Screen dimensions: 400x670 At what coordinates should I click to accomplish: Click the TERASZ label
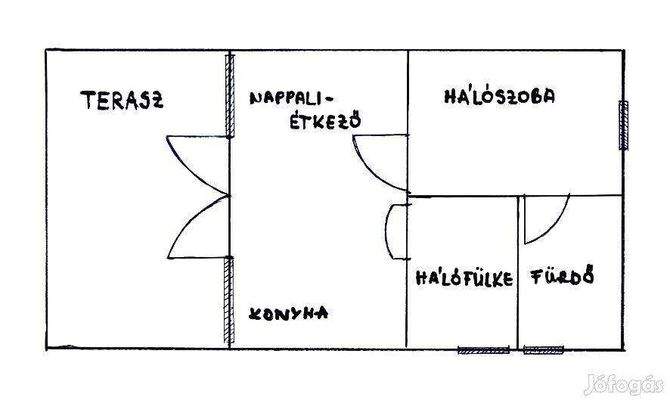point(123,99)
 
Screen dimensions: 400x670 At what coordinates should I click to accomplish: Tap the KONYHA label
point(290,312)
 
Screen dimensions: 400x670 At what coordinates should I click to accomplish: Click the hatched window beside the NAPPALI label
point(230,97)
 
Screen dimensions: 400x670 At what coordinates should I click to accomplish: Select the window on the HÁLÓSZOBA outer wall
point(624,125)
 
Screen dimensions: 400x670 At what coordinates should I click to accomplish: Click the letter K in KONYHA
point(255,312)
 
